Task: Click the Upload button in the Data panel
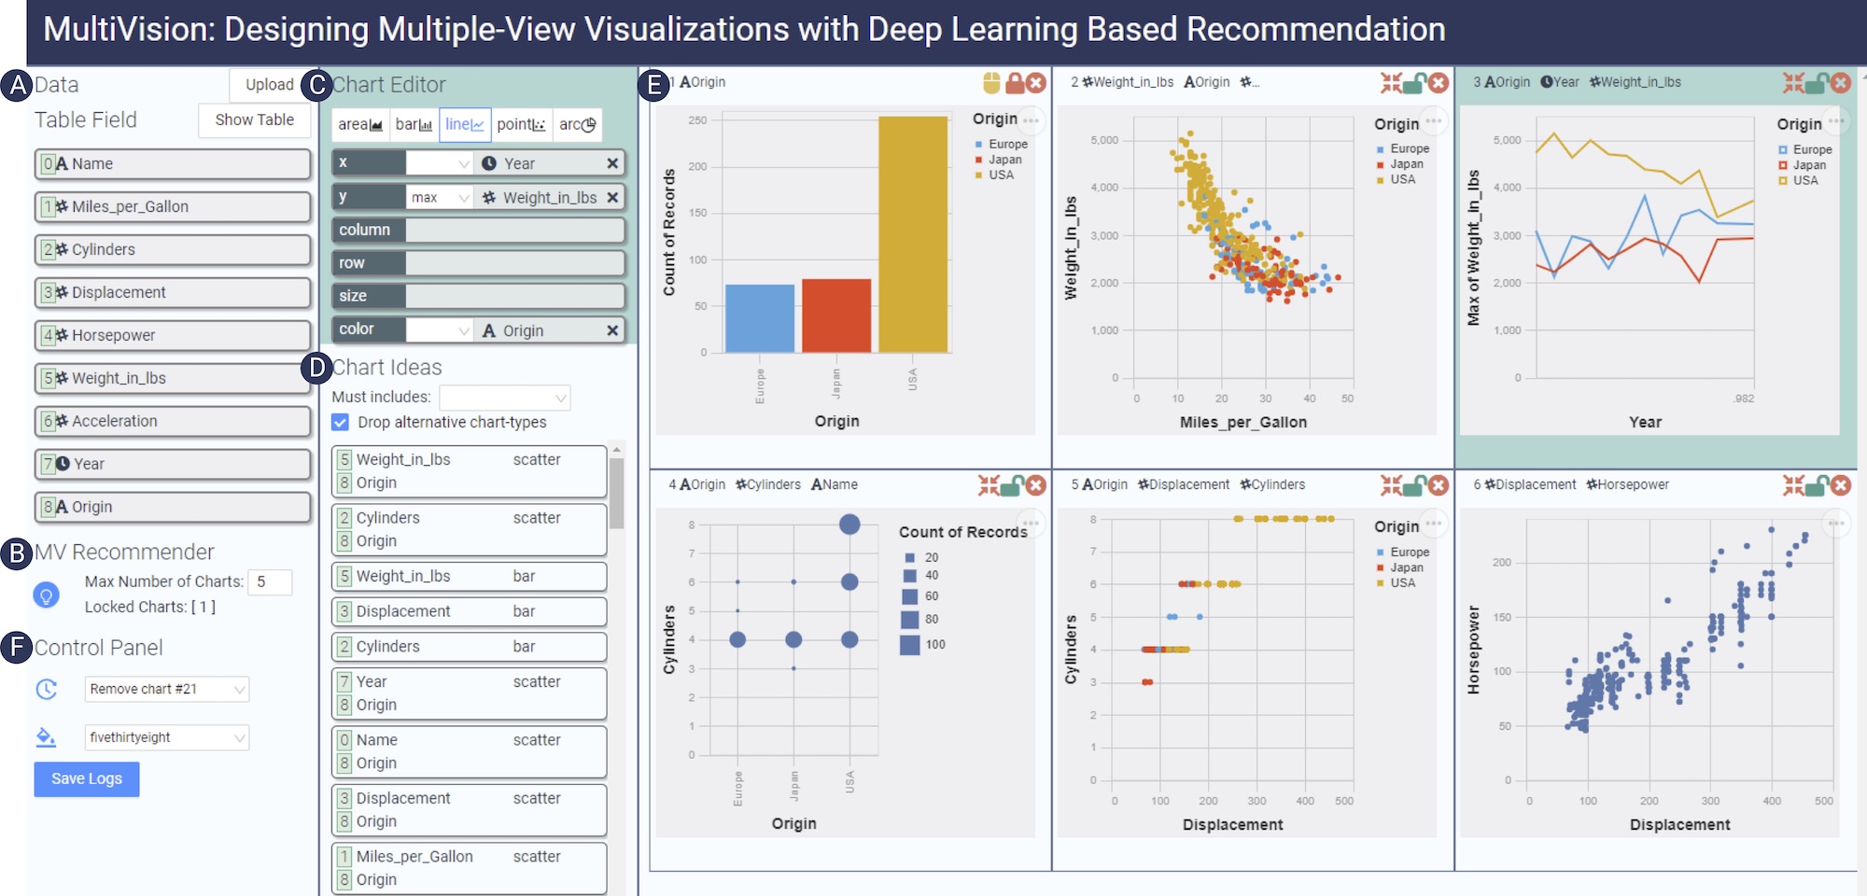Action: pos(269,85)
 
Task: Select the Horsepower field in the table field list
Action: pos(173,335)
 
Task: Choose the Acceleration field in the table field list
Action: pos(173,421)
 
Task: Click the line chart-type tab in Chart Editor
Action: pos(464,124)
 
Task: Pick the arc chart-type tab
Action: pos(577,124)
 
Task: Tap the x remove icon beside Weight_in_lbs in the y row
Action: pos(612,197)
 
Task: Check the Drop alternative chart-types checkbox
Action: pos(341,423)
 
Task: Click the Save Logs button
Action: pos(87,778)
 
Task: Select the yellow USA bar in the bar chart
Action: pos(912,233)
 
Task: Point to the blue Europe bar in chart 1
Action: pos(759,318)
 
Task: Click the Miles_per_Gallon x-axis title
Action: pos(1242,422)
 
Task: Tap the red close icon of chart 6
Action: pos(1840,485)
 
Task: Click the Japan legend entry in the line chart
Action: pos(1808,165)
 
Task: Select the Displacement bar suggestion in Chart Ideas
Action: pos(469,611)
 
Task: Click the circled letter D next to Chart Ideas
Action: pos(317,368)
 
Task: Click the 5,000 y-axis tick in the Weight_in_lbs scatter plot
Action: pos(1104,140)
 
